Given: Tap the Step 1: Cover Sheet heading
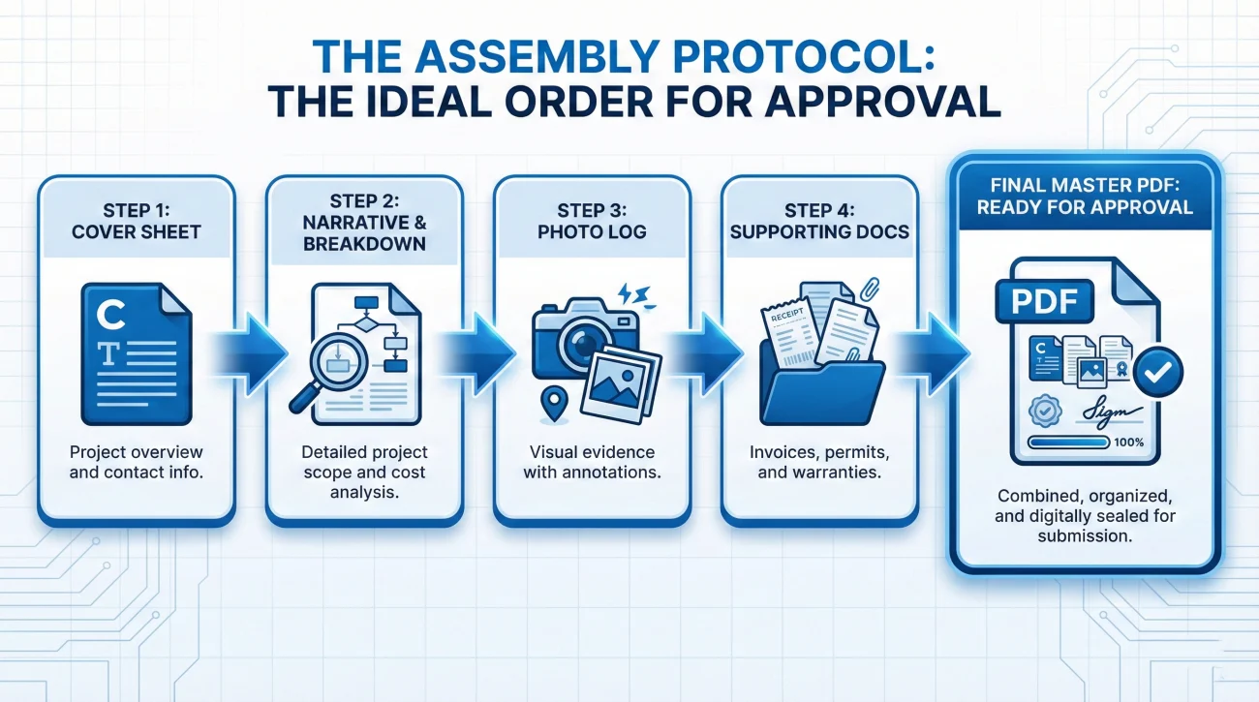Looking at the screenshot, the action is (137, 221).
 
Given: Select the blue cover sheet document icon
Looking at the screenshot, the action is (137, 353).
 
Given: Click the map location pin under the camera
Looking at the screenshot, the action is (554, 404).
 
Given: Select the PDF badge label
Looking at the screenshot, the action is (1044, 301).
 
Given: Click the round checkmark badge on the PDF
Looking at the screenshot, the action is (1158, 372).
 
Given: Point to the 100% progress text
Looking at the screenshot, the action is (1128, 443).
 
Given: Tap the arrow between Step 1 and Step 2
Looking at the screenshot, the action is (250, 354).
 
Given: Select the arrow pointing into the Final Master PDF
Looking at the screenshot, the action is (933, 354).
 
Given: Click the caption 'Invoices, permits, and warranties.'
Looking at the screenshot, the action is (819, 462).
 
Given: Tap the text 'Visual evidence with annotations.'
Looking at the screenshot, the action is (592, 462).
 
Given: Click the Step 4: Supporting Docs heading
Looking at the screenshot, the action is (819, 221).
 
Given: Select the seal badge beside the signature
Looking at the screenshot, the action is (1045, 411).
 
